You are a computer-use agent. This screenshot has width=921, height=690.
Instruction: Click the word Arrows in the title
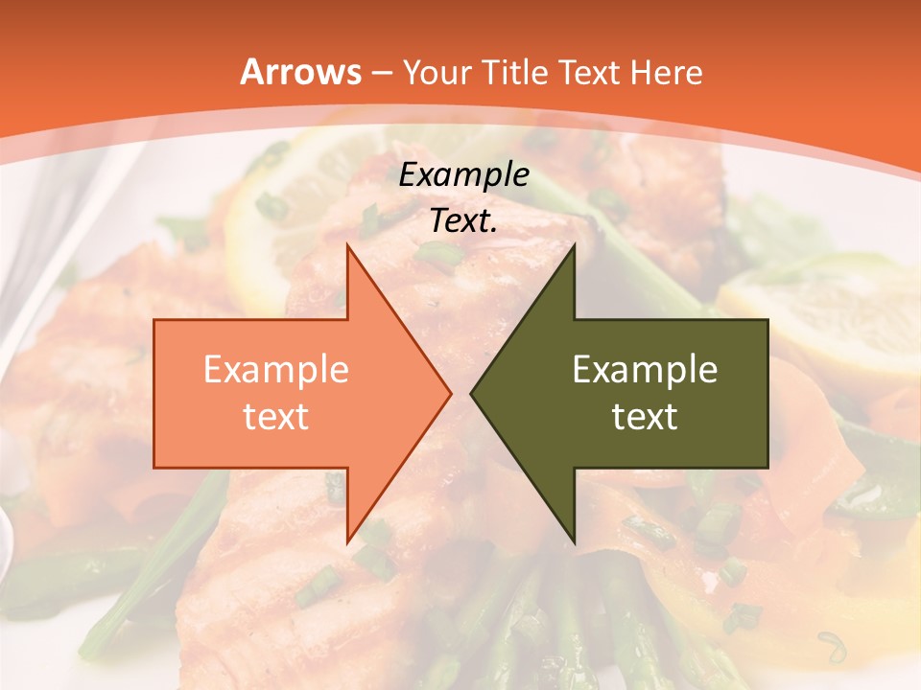click(301, 72)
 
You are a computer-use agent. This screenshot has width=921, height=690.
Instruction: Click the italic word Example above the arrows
click(464, 175)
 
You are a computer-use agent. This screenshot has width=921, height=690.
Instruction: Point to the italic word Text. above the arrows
click(464, 220)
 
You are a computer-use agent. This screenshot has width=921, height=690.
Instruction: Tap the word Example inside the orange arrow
click(276, 370)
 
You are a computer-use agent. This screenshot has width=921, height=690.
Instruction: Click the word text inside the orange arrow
click(276, 417)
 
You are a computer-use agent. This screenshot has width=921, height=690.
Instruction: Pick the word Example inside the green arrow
click(645, 370)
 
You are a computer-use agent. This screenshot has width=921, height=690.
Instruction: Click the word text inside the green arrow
click(645, 417)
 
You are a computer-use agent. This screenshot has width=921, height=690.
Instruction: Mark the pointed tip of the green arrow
click(474, 393)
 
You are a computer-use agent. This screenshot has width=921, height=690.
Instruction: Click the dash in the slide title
click(379, 72)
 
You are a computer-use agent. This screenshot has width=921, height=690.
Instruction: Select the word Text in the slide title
click(589, 72)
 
